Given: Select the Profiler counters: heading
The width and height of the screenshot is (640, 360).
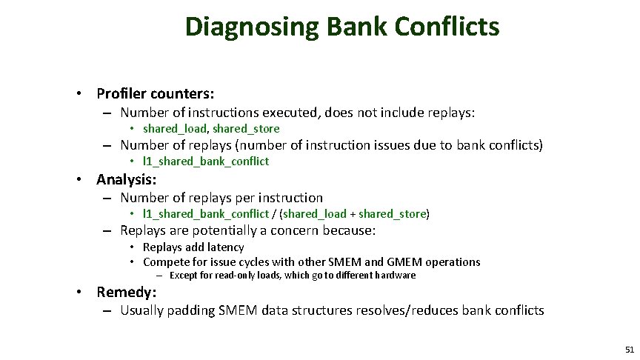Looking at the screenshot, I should [156, 94].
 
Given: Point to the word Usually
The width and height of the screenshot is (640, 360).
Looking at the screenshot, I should [144, 310].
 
